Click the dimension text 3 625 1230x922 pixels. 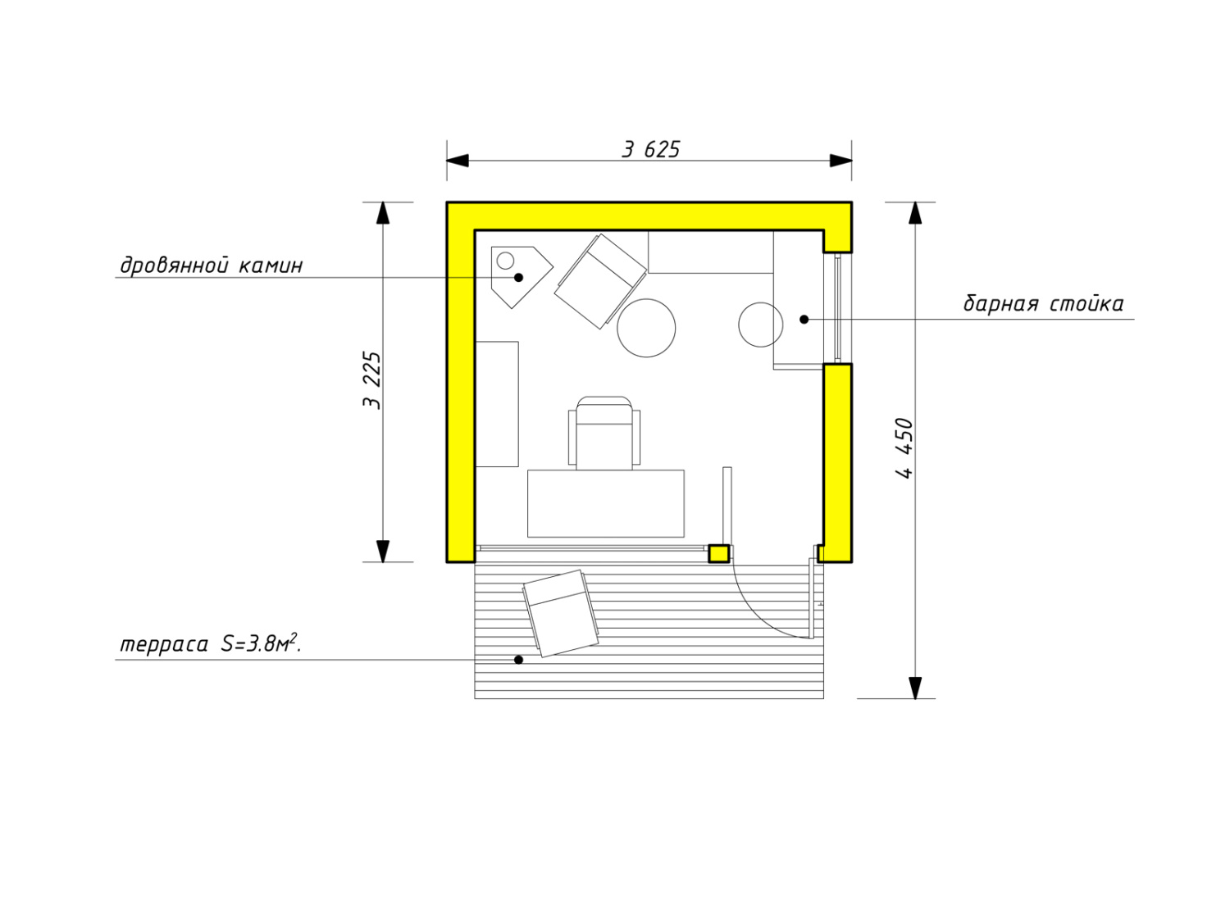(x=650, y=149)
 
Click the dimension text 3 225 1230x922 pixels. (x=372, y=380)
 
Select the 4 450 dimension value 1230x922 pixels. (x=904, y=448)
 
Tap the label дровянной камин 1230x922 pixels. (x=212, y=266)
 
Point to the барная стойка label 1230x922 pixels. (x=1043, y=304)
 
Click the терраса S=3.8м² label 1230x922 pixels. (x=211, y=644)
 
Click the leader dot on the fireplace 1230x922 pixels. (x=518, y=278)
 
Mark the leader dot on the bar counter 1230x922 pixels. (x=804, y=320)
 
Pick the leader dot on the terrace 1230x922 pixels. (x=518, y=660)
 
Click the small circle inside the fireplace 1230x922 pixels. (x=505, y=261)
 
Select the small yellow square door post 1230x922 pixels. (x=718, y=554)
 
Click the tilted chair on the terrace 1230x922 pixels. (x=560, y=614)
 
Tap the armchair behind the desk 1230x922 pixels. (x=604, y=434)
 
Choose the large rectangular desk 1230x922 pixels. (x=606, y=503)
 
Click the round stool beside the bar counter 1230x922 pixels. (x=760, y=325)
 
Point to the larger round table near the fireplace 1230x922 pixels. (x=646, y=328)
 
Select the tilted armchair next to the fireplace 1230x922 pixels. (x=601, y=282)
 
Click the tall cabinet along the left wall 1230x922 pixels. (x=496, y=404)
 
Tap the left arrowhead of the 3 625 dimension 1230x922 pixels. (x=458, y=161)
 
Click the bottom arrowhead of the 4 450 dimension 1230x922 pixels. (x=915, y=688)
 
